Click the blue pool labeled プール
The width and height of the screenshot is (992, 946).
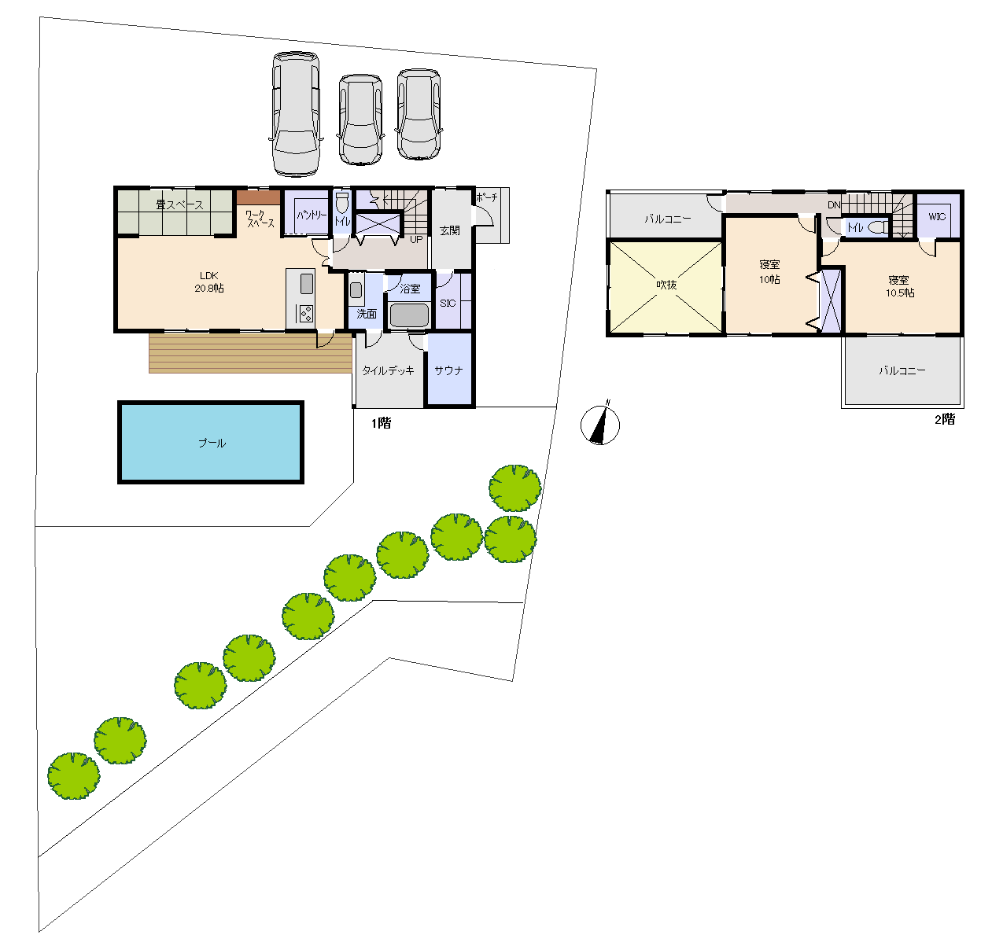tap(210, 442)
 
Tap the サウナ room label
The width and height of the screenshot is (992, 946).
tap(448, 370)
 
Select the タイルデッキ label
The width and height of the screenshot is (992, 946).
tap(388, 370)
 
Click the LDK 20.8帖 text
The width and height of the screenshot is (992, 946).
tap(209, 282)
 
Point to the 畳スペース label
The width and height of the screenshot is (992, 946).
tap(179, 204)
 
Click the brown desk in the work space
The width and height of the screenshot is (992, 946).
tap(258, 197)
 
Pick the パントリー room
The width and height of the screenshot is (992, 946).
tap(306, 212)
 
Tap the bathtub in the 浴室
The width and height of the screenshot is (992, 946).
tap(409, 315)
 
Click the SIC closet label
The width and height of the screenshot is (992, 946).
tap(448, 303)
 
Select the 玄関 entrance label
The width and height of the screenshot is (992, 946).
tap(449, 230)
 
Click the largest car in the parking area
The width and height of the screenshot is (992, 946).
tap(296, 113)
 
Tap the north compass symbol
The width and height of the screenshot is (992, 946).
tap(600, 425)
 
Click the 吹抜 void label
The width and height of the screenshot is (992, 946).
tap(666, 285)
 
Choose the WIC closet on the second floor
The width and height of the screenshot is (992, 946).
tap(937, 215)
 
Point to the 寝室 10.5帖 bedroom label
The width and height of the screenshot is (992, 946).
tap(900, 286)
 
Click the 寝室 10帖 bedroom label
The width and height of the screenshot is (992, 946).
tap(769, 271)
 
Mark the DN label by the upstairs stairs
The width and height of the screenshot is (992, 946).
tap(834, 204)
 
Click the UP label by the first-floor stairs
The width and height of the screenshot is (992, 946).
tap(416, 239)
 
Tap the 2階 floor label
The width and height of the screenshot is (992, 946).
tap(945, 419)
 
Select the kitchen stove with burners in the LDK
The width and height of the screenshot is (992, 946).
tap(306, 314)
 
